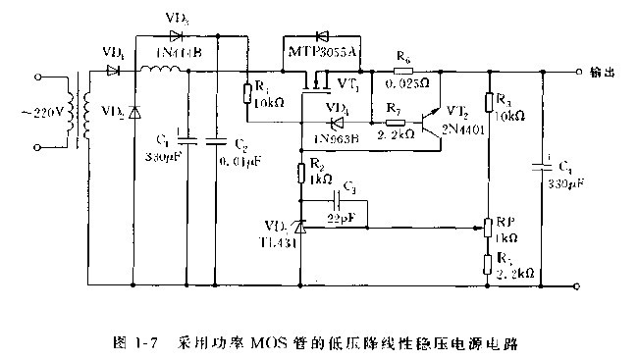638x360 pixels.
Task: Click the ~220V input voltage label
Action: pos(40,112)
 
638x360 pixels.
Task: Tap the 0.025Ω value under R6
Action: pos(411,85)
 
